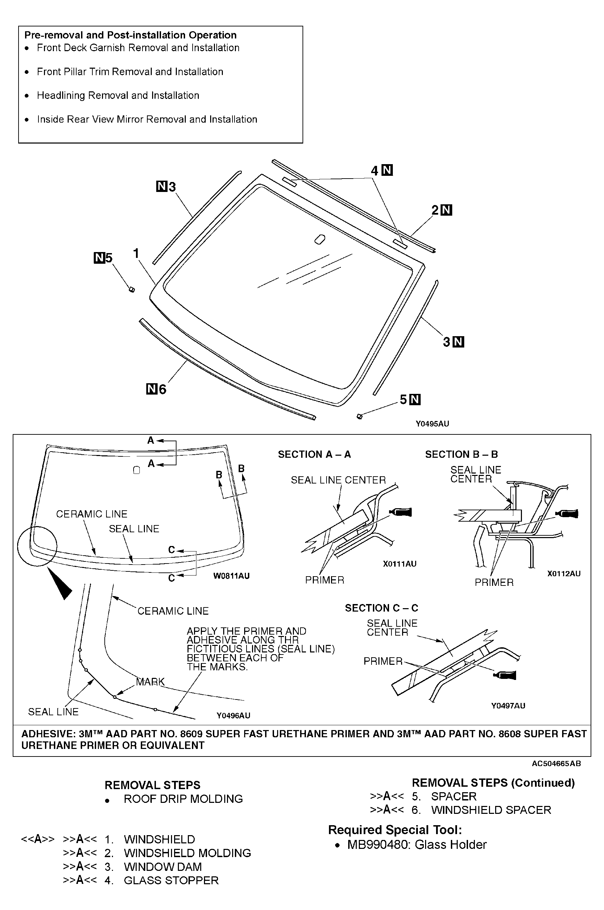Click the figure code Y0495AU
(x=432, y=424)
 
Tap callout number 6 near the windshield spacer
(x=162, y=389)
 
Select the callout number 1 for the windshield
(x=136, y=253)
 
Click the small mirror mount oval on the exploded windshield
(x=319, y=239)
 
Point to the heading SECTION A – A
(x=314, y=454)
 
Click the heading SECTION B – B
(x=461, y=454)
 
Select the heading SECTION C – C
(x=381, y=608)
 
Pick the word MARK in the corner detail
(x=150, y=682)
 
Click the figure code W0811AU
(x=231, y=576)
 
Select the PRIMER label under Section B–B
(x=494, y=583)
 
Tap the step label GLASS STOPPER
(x=171, y=880)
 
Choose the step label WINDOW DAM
(x=162, y=867)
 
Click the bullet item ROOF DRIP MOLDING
(x=183, y=799)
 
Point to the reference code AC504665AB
(x=556, y=764)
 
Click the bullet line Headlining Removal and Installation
(x=118, y=95)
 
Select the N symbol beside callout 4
(x=387, y=170)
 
